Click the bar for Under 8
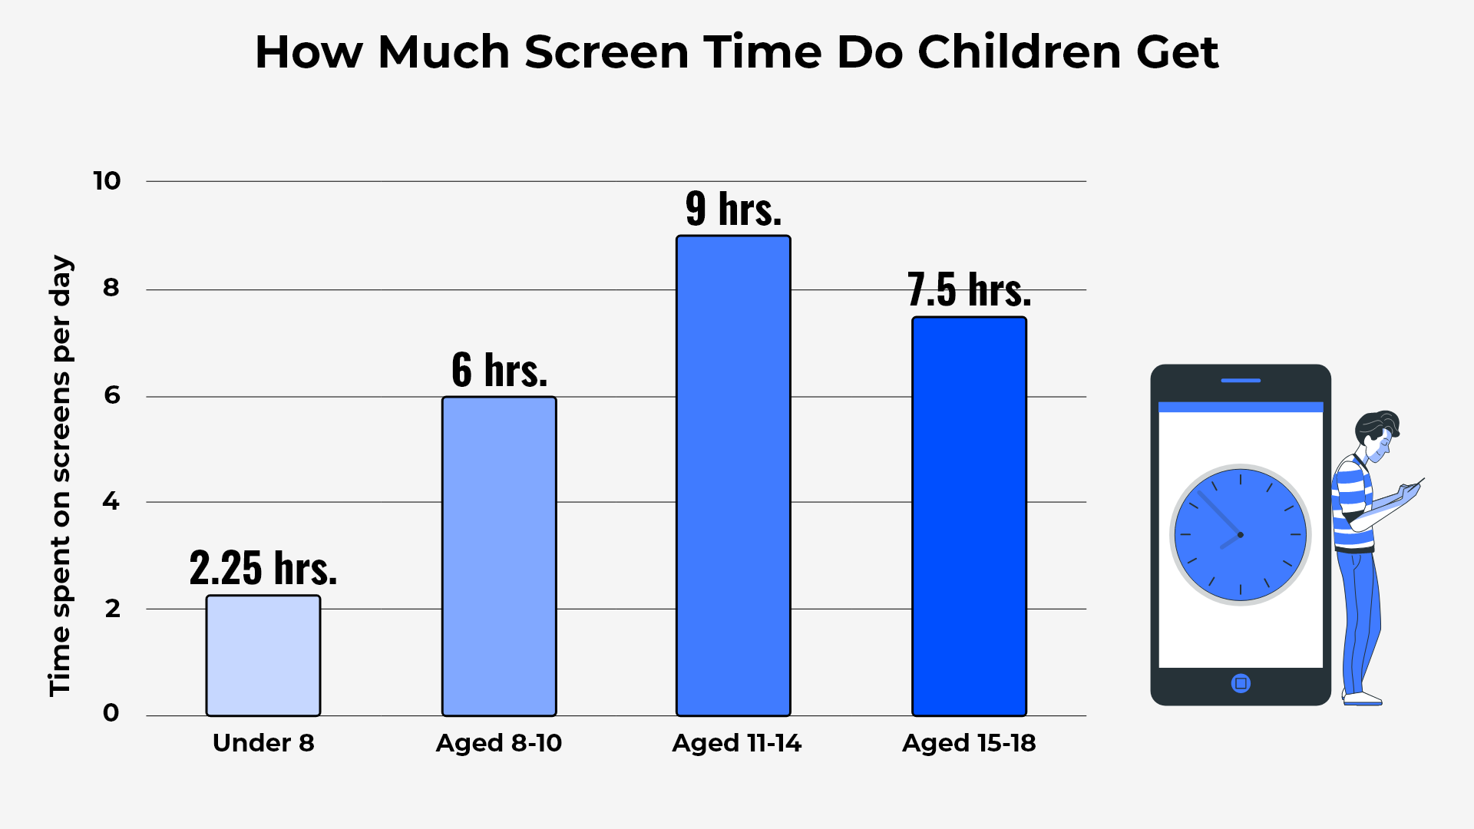263,656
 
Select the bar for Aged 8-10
499,556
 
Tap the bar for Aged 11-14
733,476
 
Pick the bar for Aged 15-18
969,516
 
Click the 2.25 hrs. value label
263,569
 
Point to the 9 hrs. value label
733,209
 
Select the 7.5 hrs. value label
969,290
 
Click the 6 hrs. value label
499,371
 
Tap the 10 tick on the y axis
107,181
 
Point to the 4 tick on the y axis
111,502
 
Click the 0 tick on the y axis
111,713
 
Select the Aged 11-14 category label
736,743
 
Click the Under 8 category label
263,743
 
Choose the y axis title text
60,476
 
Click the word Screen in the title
606,52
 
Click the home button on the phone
1241,683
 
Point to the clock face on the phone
1241,535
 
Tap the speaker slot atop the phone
1241,381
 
